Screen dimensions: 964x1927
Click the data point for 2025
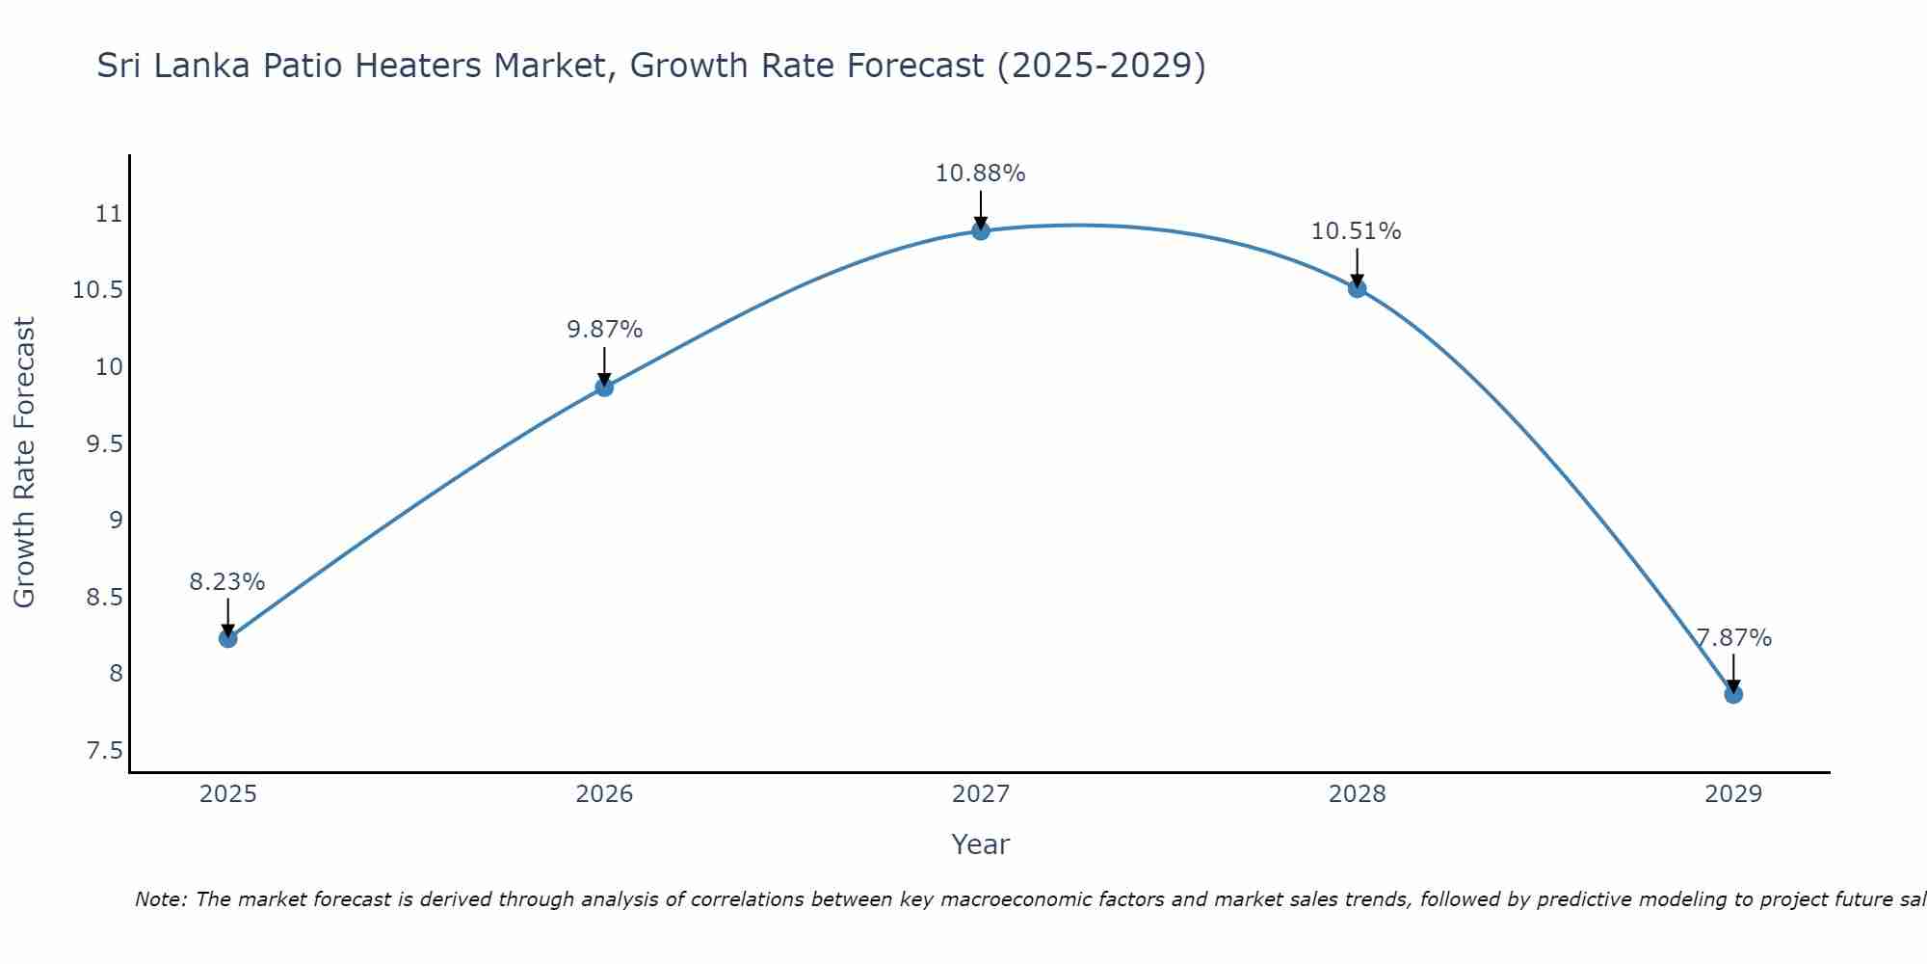(228, 638)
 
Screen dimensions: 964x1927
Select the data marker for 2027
(981, 230)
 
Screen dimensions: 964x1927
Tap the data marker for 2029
(1733, 694)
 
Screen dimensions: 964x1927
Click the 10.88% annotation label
(980, 174)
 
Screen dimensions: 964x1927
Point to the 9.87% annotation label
(604, 330)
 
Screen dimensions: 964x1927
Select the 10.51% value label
(1356, 231)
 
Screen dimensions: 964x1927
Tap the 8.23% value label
(226, 582)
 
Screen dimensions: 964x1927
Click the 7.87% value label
(1733, 638)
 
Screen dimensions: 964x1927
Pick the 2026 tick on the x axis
(604, 794)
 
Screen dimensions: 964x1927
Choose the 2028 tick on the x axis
(1357, 794)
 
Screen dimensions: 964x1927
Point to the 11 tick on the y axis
(109, 214)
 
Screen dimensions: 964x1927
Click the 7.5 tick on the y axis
(104, 751)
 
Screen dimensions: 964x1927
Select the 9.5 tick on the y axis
(104, 444)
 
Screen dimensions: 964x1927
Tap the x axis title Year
(980, 844)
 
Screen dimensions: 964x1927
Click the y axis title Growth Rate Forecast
(24, 463)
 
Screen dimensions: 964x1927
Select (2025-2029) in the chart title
(1100, 66)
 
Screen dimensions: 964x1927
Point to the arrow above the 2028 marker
(1357, 266)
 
